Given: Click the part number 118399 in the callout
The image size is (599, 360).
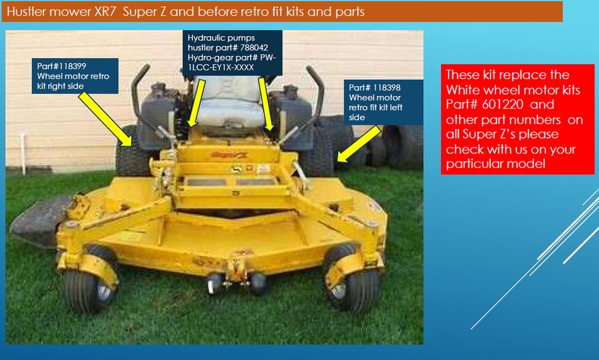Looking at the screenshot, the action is click(x=72, y=66).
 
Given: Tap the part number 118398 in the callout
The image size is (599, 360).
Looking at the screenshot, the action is click(x=386, y=87).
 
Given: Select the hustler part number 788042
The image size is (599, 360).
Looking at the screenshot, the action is click(x=254, y=48).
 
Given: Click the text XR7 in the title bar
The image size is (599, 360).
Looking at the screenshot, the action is click(x=105, y=12).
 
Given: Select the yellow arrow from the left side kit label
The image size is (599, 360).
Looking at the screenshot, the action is click(x=359, y=144).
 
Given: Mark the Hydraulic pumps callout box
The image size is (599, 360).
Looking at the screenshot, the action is click(x=232, y=53).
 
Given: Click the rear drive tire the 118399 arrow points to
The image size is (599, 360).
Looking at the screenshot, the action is click(x=131, y=153).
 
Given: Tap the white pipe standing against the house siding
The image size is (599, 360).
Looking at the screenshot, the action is click(x=23, y=152).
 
